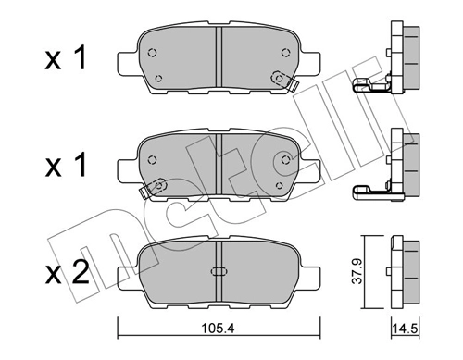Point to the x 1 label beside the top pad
(x=67, y=59)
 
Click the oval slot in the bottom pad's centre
(x=220, y=272)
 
